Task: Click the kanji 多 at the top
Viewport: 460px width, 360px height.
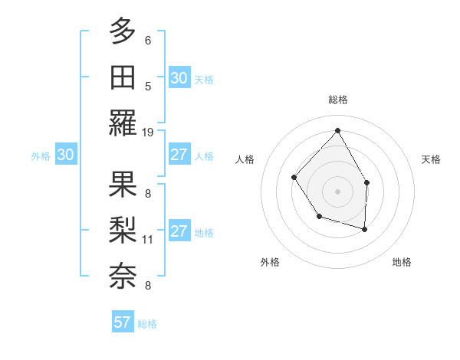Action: coord(123,31)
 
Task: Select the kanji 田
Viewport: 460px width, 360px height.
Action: coord(123,77)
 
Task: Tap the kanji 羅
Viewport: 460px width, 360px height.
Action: coord(123,123)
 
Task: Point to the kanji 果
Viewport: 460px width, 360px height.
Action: coord(123,184)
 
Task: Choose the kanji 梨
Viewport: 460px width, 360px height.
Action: coord(123,229)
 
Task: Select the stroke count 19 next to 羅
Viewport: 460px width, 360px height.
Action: coord(149,132)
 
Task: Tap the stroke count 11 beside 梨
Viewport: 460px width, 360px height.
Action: coord(149,239)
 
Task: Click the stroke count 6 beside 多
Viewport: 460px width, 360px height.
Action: coord(148,40)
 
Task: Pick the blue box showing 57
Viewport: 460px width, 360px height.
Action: coord(123,322)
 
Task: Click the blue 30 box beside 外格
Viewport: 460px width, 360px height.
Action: coord(66,155)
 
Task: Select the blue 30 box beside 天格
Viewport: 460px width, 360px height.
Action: coord(179,78)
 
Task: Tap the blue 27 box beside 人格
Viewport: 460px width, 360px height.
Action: coord(179,155)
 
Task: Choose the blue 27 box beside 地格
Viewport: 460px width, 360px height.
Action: coord(179,231)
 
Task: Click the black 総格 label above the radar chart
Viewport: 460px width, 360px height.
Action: coord(337,100)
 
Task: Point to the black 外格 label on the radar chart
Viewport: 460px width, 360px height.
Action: coord(270,262)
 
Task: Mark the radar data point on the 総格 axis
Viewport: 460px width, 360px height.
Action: coord(337,130)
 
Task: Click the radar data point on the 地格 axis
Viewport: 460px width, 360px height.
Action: coord(365,229)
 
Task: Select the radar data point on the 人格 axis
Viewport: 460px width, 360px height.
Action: coord(294,178)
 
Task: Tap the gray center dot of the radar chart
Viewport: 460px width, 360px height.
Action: coord(337,191)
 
